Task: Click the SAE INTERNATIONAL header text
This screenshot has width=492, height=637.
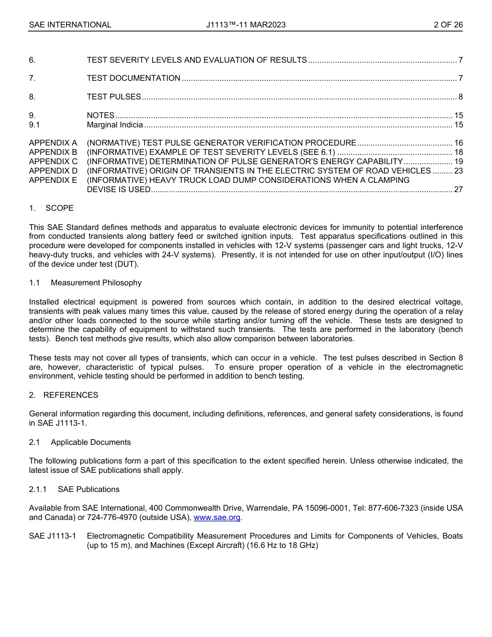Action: tap(70, 25)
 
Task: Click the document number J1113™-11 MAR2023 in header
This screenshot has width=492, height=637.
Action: tap(245, 25)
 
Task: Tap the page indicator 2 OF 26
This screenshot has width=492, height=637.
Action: tap(448, 25)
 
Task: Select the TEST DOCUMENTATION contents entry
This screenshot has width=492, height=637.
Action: tap(134, 78)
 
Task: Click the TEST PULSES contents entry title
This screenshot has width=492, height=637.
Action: tap(114, 97)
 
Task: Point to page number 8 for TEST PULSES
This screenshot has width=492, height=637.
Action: tap(460, 97)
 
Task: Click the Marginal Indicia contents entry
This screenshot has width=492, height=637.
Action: tap(114, 125)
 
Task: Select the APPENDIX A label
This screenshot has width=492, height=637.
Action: tap(53, 143)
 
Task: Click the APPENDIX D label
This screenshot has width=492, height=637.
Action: tap(53, 171)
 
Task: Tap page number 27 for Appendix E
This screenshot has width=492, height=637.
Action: tap(458, 190)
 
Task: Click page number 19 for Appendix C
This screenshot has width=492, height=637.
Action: tap(458, 162)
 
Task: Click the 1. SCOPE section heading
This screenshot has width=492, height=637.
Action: tap(51, 208)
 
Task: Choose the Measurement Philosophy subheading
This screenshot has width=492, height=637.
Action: tap(96, 283)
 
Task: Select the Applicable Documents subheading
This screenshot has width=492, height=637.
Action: tap(91, 442)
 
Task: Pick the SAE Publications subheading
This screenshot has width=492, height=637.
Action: tap(89, 489)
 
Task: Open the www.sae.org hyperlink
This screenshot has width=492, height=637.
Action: tap(217, 518)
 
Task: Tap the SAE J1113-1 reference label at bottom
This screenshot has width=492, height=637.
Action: tap(52, 536)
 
